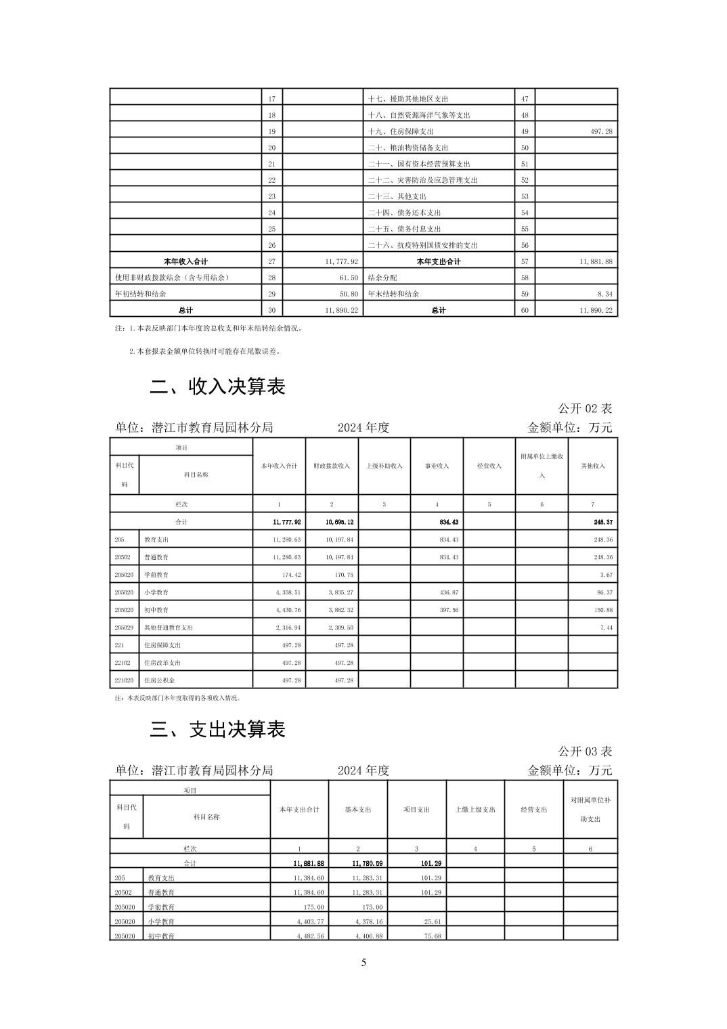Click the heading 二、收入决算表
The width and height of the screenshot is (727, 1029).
(217, 387)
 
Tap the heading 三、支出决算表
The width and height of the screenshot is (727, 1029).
(217, 729)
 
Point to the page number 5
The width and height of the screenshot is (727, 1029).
(363, 963)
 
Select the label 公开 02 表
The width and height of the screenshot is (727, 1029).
(585, 408)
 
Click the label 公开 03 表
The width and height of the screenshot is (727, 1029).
(585, 751)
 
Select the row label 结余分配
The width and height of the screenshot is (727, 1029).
(382, 278)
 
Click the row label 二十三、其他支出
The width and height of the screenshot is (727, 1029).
(397, 196)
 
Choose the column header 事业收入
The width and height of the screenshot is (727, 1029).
(437, 466)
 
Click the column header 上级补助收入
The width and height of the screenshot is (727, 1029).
(384, 466)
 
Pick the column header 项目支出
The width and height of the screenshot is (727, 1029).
(416, 810)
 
